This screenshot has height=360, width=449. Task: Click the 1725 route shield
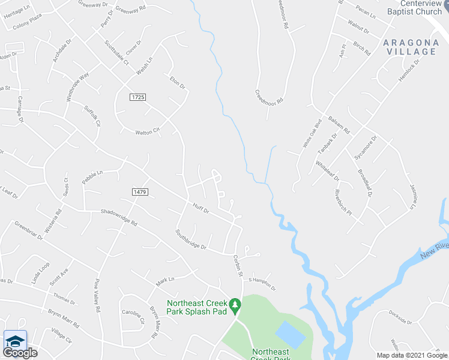(137, 97)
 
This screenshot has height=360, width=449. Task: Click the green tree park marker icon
(236, 305)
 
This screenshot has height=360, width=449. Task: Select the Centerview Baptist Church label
(414, 7)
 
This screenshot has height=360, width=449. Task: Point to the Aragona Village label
(410, 47)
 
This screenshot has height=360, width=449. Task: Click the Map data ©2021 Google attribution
(412, 355)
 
